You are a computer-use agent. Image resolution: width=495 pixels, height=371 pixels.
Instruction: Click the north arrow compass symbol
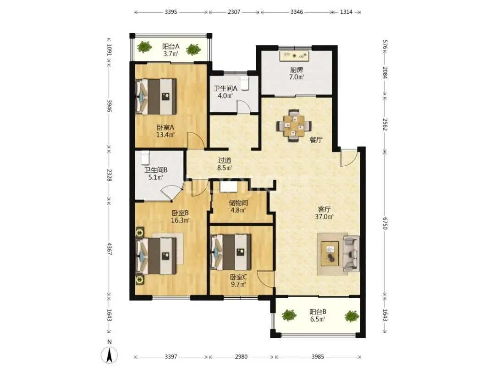coord(109,355)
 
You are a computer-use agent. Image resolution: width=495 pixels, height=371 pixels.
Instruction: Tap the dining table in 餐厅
coord(294,125)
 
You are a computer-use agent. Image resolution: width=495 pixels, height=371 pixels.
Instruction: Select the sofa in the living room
coord(351,254)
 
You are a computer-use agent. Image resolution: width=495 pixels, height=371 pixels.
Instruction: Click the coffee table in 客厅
coord(330,253)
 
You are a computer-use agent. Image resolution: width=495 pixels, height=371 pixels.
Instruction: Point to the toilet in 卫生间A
coord(245,83)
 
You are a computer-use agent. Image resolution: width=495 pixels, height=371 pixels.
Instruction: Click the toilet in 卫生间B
coord(145,158)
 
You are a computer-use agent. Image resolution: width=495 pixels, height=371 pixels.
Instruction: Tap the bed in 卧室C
coord(231,251)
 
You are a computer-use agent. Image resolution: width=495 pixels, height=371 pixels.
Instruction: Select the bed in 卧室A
coord(156,96)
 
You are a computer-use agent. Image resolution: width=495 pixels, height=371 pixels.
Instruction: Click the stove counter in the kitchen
coord(294,56)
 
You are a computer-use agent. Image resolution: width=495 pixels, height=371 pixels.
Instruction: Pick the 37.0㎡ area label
coord(324,217)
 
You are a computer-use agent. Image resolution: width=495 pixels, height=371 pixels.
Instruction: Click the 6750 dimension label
coord(385,223)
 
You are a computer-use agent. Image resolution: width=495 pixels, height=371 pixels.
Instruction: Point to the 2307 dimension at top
coord(234,12)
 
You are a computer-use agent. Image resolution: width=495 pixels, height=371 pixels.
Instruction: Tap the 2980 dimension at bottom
coord(241,357)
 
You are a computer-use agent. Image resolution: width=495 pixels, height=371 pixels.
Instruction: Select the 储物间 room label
coord(238,202)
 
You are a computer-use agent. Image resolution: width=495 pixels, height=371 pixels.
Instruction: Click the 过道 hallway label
coord(225,161)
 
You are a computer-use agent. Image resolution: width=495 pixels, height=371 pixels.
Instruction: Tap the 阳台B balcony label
coord(318,312)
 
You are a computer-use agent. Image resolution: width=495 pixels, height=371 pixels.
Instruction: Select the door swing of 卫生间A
coord(243,106)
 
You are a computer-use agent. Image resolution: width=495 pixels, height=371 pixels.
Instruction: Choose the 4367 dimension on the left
coord(109,249)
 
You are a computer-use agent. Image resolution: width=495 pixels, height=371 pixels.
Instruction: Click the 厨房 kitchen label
coord(297,70)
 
